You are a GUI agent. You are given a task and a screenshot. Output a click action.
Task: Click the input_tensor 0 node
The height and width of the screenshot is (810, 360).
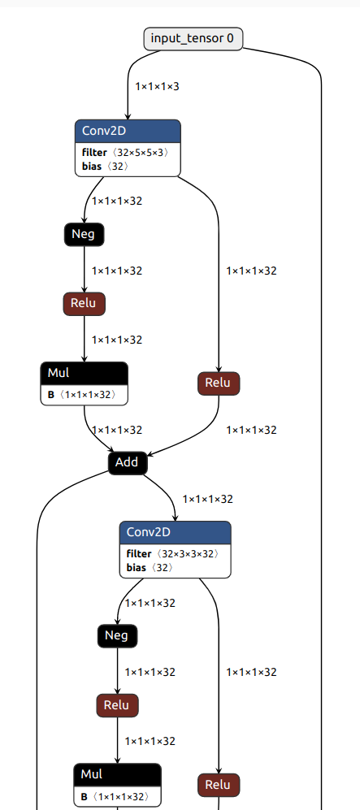[193, 38]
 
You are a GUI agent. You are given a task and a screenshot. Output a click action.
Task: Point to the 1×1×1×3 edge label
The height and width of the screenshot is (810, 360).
[157, 84]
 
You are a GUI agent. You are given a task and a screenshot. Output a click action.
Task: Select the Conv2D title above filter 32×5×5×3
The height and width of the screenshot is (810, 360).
[128, 131]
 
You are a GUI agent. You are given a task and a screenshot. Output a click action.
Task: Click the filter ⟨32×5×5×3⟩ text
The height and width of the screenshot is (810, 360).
[125, 152]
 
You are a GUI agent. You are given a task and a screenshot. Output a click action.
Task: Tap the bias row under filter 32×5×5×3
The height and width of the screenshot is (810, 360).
[105, 166]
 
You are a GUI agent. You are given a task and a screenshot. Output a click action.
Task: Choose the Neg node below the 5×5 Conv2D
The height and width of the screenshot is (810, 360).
[85, 234]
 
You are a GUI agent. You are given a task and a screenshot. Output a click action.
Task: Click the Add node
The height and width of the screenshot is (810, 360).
[127, 462]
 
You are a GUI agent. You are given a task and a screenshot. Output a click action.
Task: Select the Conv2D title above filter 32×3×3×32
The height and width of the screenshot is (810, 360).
[176, 533]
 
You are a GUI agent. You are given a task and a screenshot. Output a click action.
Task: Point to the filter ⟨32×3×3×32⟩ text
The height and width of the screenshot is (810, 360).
[173, 554]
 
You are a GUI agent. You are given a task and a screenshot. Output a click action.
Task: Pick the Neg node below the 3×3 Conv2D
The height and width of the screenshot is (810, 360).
[117, 635]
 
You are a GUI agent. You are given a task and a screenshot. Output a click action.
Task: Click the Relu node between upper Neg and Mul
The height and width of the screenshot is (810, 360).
[85, 304]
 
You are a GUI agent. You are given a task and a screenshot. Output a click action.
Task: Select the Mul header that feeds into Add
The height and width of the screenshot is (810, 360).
[85, 374]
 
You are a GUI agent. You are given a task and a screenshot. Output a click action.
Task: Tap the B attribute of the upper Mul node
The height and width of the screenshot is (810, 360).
[85, 395]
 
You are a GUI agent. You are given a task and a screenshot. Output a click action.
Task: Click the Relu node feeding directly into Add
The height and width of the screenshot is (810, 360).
[219, 383]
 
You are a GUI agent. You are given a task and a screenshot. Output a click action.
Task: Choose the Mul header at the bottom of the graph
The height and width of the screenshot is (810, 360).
[117, 774]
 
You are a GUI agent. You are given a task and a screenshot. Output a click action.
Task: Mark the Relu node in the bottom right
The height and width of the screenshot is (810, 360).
[219, 785]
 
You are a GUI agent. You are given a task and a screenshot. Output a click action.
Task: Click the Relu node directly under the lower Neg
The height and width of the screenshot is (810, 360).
[117, 704]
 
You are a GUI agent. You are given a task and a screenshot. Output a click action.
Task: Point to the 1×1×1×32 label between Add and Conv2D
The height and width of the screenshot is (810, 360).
[208, 499]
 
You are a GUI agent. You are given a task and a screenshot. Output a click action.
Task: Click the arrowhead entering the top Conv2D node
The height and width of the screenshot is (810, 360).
[128, 115]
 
